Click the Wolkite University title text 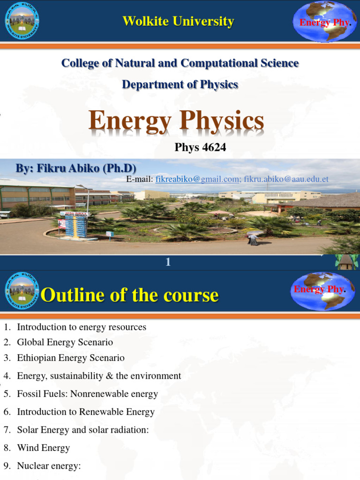click(178, 21)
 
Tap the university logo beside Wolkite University click(22, 21)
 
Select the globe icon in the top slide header click(324, 22)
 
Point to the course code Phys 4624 click(200, 147)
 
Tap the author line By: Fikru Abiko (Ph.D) click(76, 168)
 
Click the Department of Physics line click(180, 84)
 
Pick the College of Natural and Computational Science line click(180, 63)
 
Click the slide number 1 click(168, 262)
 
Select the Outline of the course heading click(130, 295)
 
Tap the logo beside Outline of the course click(22, 292)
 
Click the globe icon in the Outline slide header click(323, 291)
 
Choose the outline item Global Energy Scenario click(65, 342)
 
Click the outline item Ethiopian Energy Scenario click(71, 358)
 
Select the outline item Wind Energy click(43, 448)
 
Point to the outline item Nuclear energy click(49, 465)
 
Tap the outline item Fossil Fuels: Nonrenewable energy click(87, 394)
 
